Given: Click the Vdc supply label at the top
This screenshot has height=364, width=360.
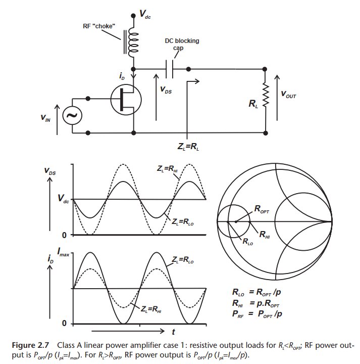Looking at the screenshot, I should [144, 16].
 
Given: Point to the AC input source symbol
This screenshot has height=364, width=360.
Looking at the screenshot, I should [72, 116].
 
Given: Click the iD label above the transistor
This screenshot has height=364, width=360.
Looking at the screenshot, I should [122, 76].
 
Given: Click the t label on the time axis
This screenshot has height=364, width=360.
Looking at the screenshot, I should [173, 333].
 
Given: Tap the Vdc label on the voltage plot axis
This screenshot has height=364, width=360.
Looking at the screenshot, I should [63, 199].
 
